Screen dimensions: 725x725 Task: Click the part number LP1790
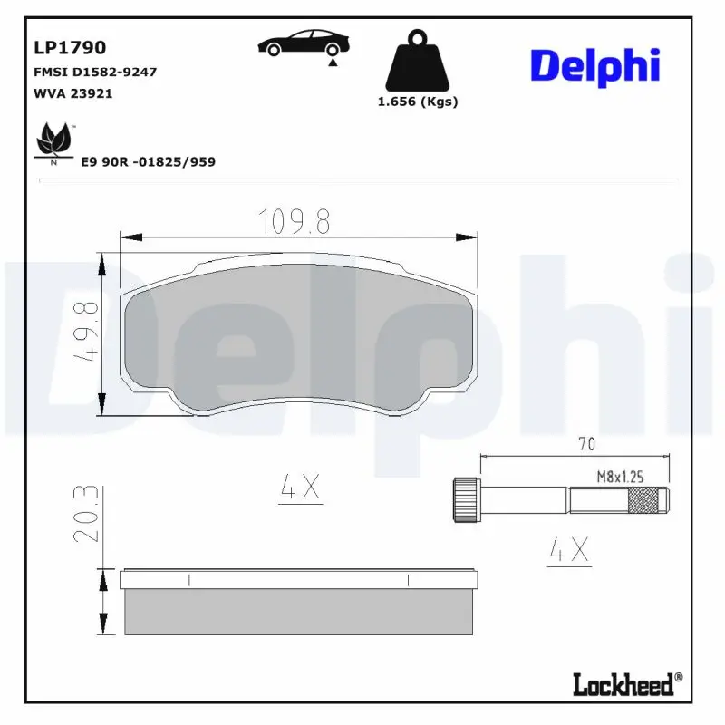pyautogui.click(x=70, y=47)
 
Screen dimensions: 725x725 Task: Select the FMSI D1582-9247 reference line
pyautogui.click(x=94, y=72)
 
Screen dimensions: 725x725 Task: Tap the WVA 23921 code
pyautogui.click(x=72, y=92)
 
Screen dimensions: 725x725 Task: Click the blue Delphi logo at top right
pyautogui.click(x=594, y=66)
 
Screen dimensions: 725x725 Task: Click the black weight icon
pyautogui.click(x=417, y=62)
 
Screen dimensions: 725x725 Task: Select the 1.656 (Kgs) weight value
pyautogui.click(x=418, y=101)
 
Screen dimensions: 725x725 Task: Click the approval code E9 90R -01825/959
pyautogui.click(x=148, y=161)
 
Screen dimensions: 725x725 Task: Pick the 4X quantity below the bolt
pyautogui.click(x=569, y=549)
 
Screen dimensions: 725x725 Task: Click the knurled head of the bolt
pyautogui.click(x=465, y=498)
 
